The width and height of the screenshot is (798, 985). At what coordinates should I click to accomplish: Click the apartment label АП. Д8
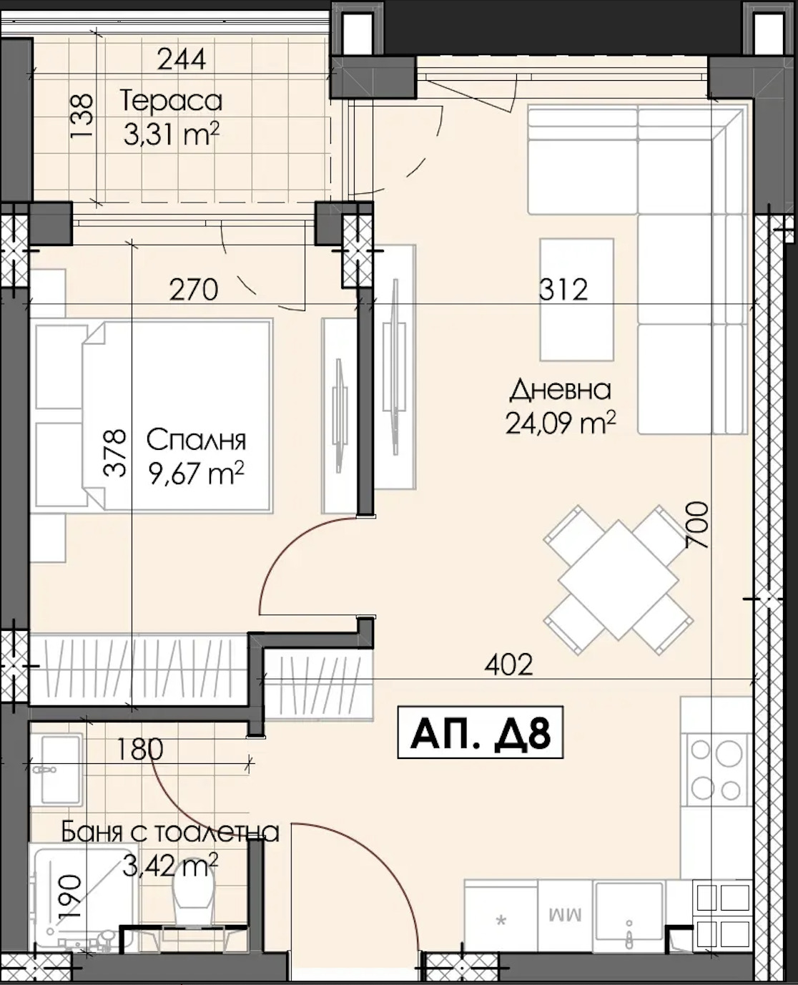tap(480, 732)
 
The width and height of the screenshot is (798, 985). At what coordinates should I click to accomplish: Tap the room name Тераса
tap(171, 102)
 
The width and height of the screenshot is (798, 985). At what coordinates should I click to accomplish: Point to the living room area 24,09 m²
tap(561, 423)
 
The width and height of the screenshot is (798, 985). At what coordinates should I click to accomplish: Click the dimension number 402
tap(508, 665)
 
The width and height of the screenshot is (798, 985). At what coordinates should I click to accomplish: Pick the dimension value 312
tap(563, 290)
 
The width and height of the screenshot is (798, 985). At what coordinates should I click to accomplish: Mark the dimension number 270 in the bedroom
tap(194, 290)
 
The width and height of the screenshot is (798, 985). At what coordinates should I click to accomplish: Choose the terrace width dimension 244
tap(181, 59)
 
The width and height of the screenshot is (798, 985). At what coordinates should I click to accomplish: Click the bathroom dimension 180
tap(140, 749)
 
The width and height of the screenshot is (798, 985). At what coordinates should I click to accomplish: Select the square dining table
tap(619, 579)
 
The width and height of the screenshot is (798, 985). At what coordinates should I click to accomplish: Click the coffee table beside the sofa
tap(577, 299)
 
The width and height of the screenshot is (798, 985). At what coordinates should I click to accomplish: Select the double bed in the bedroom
tap(153, 416)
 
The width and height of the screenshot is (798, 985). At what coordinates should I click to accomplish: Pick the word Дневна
tap(561, 389)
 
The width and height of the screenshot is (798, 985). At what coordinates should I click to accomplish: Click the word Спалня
tap(196, 441)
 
